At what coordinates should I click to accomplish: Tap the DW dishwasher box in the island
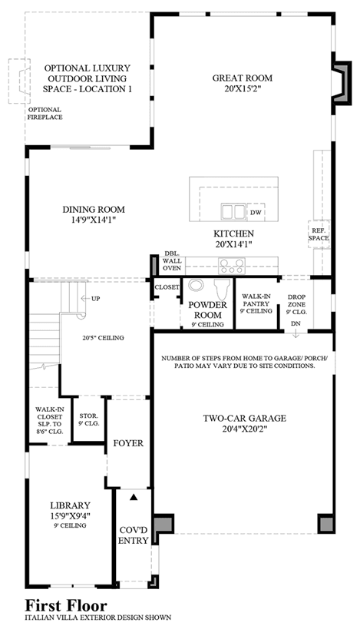click(256, 213)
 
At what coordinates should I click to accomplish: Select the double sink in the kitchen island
click(233, 211)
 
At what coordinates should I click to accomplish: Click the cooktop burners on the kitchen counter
click(231, 266)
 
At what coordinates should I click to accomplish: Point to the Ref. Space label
click(319, 234)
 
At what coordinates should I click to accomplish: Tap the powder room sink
click(195, 285)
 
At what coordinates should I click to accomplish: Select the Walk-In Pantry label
click(256, 303)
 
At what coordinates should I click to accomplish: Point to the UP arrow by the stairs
click(84, 298)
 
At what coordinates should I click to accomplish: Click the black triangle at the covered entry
click(134, 498)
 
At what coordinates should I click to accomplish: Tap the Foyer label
click(128, 443)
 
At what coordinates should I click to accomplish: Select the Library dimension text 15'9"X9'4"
click(71, 515)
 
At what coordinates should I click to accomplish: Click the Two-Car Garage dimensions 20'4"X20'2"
click(244, 429)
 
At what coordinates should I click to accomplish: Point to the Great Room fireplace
click(342, 83)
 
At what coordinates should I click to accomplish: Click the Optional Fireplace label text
click(45, 114)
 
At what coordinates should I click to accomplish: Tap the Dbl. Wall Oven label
click(172, 260)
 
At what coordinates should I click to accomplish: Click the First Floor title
click(66, 605)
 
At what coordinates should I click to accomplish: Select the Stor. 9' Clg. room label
click(89, 419)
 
